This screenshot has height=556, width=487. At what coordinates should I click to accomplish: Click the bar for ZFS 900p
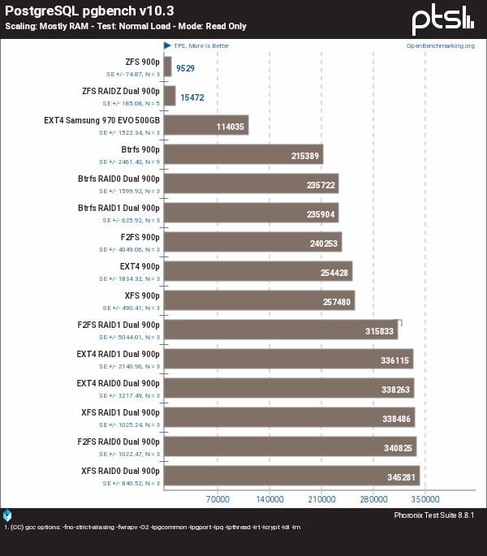point(168,67)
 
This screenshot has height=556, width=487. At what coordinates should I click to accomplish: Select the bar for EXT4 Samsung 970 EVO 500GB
point(206,125)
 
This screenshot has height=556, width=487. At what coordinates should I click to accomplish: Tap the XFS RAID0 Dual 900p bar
point(292,476)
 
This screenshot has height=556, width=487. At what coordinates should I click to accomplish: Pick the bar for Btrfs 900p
point(243,154)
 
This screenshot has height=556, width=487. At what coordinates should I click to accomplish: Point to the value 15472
point(192,97)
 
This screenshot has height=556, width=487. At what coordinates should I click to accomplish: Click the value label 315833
point(380,331)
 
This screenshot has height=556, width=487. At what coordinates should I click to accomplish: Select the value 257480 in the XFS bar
point(337,302)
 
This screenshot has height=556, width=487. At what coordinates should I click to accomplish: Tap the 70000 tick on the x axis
point(218,499)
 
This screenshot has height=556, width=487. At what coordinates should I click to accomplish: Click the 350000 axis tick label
point(425,499)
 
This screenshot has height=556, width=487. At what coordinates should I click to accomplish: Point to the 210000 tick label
point(321,499)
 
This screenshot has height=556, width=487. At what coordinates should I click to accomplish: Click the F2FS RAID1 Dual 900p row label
point(119,325)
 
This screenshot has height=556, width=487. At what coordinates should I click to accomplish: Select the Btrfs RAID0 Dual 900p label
point(119,179)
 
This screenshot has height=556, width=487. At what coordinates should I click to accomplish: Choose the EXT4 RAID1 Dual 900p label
point(119,354)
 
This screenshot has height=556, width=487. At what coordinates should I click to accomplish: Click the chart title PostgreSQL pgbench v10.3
point(89,11)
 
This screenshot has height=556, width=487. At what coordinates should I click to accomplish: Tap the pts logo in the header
point(442,20)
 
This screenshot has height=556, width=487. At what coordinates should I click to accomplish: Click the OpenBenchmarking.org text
point(441,45)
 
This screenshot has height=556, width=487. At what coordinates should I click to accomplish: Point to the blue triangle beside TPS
point(167,45)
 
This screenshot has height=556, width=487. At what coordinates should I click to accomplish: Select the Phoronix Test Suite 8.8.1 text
point(434,515)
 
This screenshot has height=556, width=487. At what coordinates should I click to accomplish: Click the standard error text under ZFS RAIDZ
point(131,104)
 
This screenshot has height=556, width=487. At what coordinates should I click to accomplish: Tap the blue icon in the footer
point(7,515)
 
